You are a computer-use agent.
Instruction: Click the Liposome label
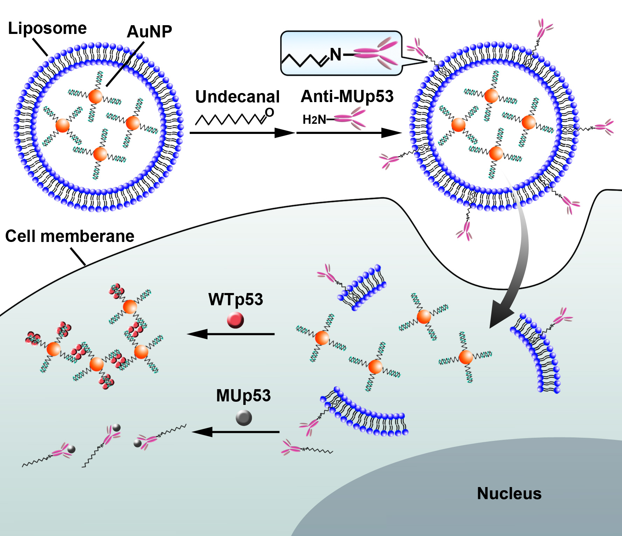tap(47, 28)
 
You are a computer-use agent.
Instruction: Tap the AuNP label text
tap(149, 32)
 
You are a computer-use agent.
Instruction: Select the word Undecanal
tap(237, 97)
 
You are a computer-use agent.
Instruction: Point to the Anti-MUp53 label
tap(347, 97)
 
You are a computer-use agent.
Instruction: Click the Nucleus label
tap(509, 494)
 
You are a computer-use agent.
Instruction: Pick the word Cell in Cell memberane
tap(20, 236)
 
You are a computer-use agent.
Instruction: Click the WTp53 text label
tap(236, 300)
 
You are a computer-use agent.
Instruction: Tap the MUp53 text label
tap(243, 396)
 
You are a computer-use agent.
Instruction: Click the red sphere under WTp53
tap(235, 320)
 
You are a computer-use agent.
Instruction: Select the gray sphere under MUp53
tap(244, 417)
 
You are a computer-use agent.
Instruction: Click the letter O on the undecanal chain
tap(269, 113)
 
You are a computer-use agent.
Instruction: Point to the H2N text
tap(314, 120)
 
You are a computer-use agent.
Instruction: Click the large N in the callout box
tap(336, 55)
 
